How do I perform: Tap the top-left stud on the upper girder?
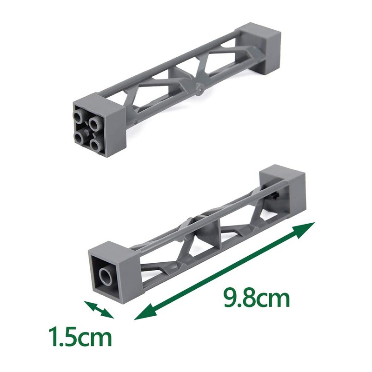coord(79,116)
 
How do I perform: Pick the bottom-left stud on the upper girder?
coord(79,136)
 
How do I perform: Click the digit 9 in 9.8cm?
coord(232,299)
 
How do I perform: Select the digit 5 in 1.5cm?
coord(71,338)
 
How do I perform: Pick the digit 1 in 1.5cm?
coord(54,338)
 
